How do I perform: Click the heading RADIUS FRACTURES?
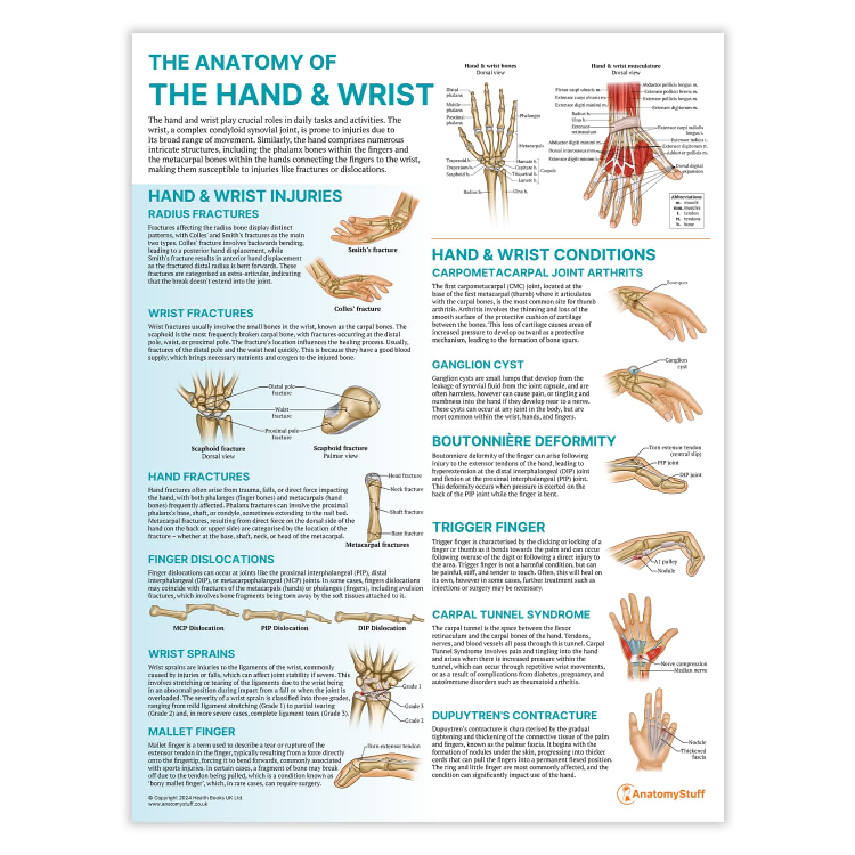click(203, 214)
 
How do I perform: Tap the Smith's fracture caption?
click(373, 250)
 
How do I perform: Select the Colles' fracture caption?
click(357, 308)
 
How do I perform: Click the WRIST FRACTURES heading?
click(201, 313)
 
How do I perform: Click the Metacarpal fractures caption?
click(377, 544)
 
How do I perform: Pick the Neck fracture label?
click(406, 489)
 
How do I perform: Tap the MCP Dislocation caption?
click(198, 628)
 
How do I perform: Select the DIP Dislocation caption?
click(382, 628)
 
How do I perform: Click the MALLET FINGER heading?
click(192, 731)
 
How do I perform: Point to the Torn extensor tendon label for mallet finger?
click(394, 746)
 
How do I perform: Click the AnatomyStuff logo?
click(661, 794)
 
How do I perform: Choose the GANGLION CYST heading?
click(478, 365)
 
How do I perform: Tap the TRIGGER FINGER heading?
click(488, 527)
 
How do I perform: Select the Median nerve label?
click(691, 670)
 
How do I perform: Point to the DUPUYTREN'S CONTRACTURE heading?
click(515, 715)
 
